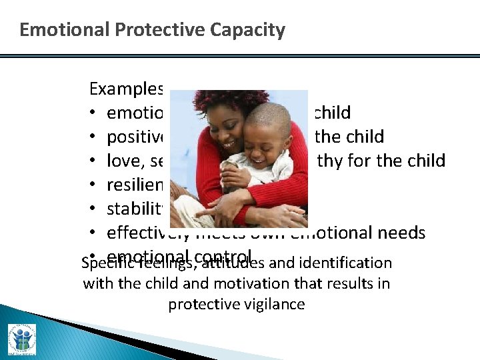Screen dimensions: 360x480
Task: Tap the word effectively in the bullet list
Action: point(147,232)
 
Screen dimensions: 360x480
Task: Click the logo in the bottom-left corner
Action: point(22,339)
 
